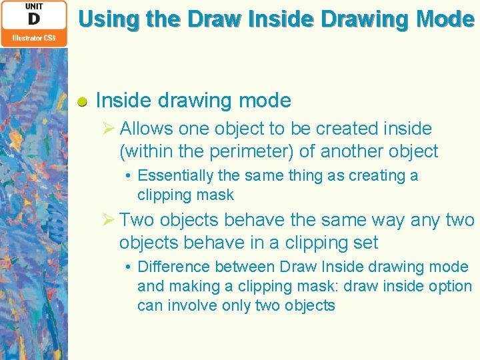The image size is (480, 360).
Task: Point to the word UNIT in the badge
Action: tap(34, 6)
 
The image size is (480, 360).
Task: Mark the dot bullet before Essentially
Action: tap(127, 176)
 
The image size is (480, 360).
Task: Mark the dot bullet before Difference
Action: tap(127, 267)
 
